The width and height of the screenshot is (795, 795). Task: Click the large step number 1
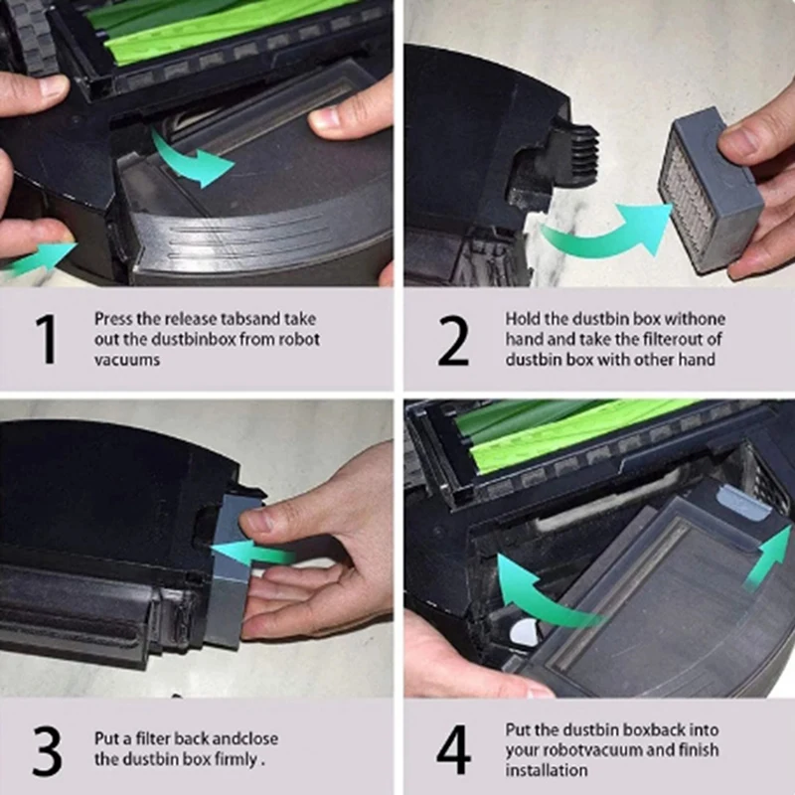point(46,338)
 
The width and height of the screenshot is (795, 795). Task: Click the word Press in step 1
point(113,319)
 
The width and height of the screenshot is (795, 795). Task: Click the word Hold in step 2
point(523,319)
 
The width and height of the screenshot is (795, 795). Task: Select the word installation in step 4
point(546,770)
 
